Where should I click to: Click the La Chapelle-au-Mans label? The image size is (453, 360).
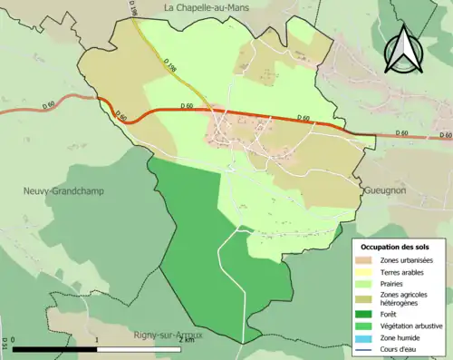[x=207, y=7]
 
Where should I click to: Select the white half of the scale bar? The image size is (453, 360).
[x=138, y=349]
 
